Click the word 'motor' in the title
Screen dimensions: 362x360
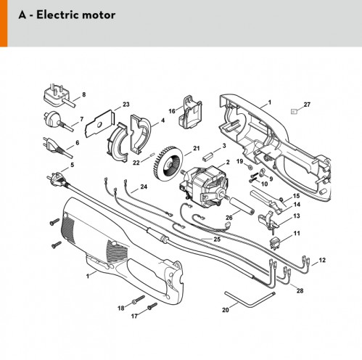[x=99, y=15]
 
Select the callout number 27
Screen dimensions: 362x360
[x=307, y=105]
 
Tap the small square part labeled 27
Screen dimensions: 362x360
[x=294, y=112]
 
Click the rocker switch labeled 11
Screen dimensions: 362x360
[x=274, y=243]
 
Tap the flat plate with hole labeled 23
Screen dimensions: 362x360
[x=99, y=124]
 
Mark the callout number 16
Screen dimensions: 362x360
[x=172, y=111]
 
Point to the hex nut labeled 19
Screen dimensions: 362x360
[x=250, y=166]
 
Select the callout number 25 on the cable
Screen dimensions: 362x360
[x=217, y=240]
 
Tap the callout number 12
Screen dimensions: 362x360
[x=322, y=260]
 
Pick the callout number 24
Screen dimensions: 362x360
[x=144, y=187]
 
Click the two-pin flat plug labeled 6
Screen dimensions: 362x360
[x=57, y=147]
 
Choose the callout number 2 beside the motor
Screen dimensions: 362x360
[x=228, y=162]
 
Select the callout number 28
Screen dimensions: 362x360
[x=300, y=290]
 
